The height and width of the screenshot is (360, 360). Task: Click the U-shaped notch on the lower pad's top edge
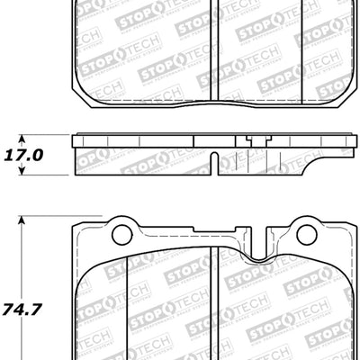pos(258,253)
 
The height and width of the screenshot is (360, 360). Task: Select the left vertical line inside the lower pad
pos(127,306)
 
